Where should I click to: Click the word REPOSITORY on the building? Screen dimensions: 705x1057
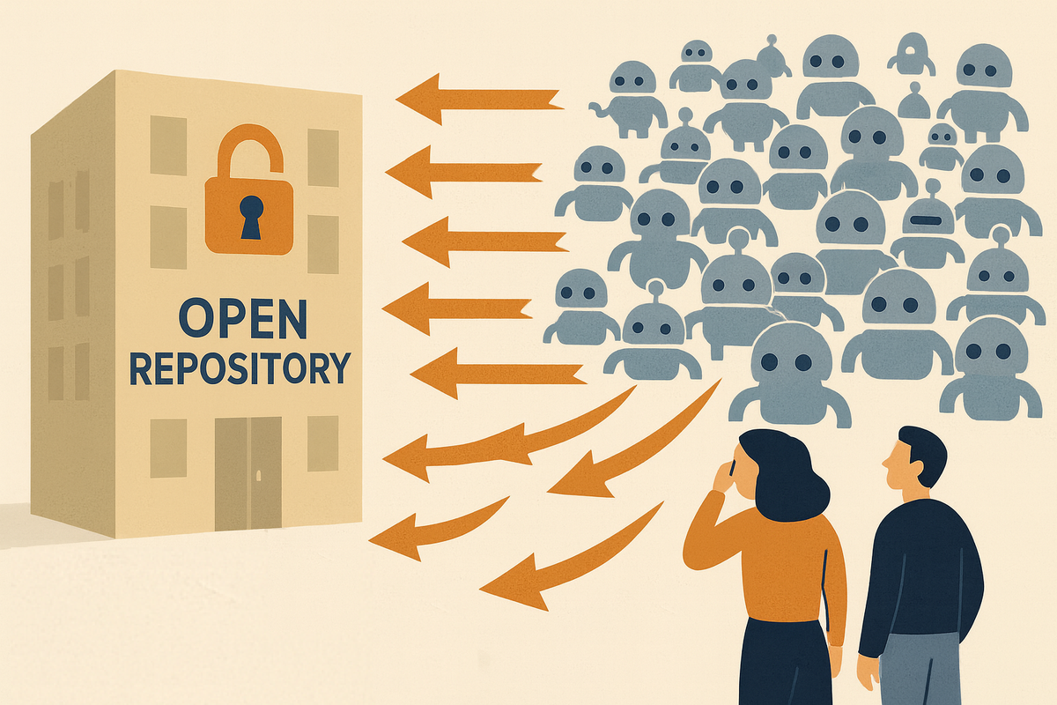[240, 367]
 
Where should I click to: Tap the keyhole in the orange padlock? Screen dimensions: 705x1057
[251, 216]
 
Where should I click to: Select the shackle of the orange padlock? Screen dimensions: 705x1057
[250, 150]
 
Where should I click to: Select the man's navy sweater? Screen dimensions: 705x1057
[925, 573]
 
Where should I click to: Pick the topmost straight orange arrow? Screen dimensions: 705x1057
[480, 99]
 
